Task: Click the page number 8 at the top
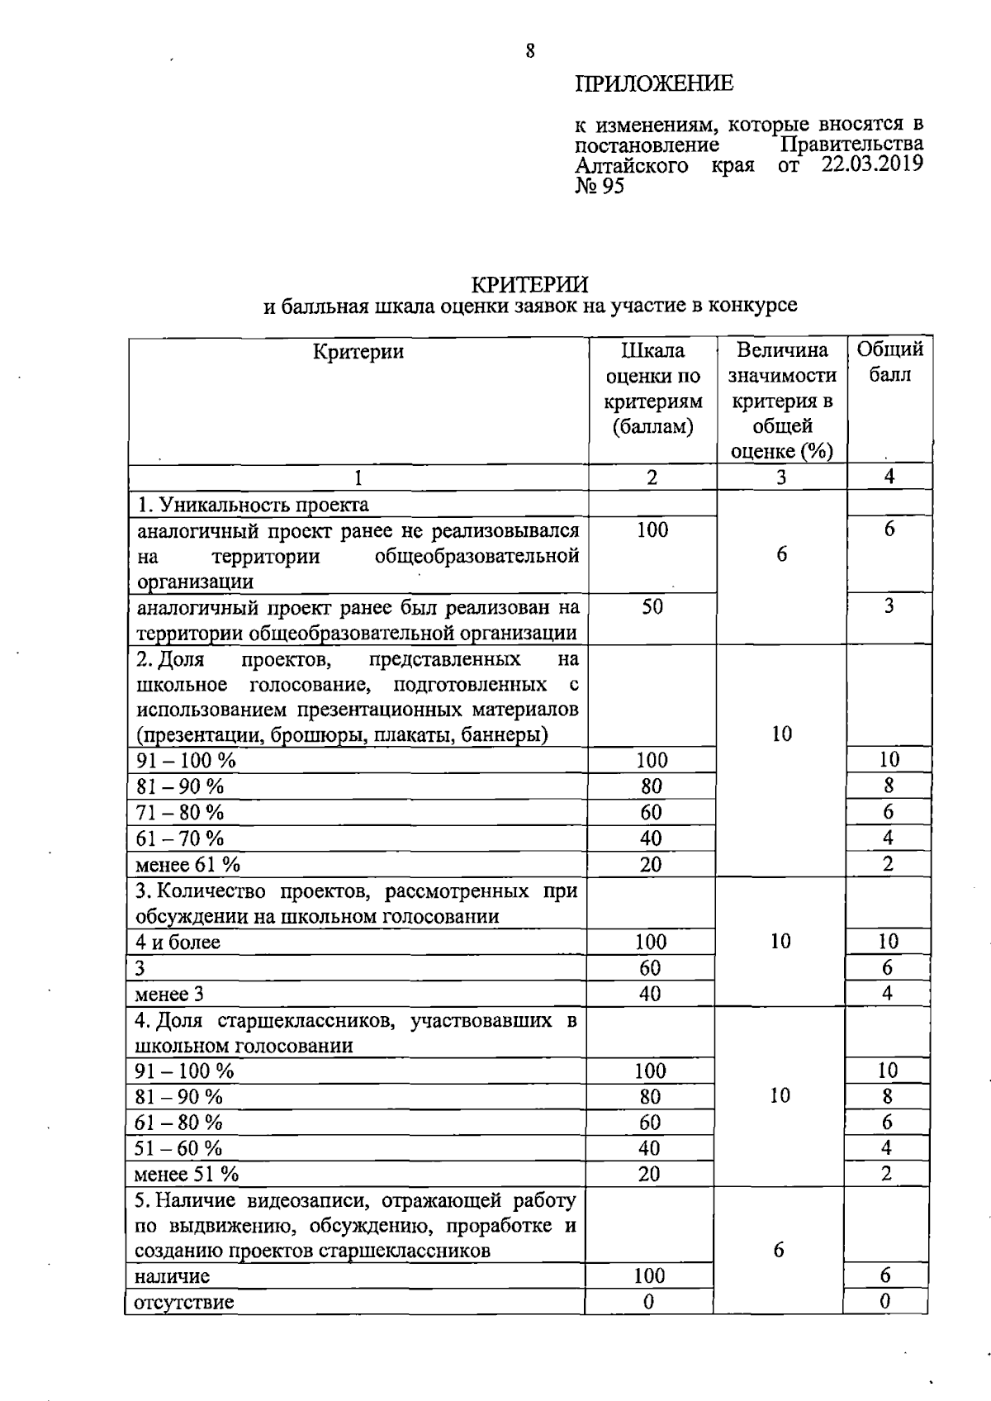[529, 51]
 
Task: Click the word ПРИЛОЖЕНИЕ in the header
[653, 83]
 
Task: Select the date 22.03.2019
[872, 164]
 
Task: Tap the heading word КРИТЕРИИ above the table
[529, 284]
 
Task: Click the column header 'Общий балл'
[889, 362]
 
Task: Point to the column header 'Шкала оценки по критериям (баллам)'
[652, 388]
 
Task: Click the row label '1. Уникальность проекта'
[253, 504]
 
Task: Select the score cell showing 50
[652, 607]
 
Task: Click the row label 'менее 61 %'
[188, 865]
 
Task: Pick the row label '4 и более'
[178, 943]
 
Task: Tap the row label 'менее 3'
[169, 994]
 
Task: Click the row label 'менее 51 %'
[187, 1174]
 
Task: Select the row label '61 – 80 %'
[179, 1123]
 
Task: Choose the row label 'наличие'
[172, 1276]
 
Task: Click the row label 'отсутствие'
[184, 1303]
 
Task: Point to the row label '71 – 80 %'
[180, 813]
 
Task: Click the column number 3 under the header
[781, 477]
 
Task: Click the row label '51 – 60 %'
[179, 1148]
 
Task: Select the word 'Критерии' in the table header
[358, 352]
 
